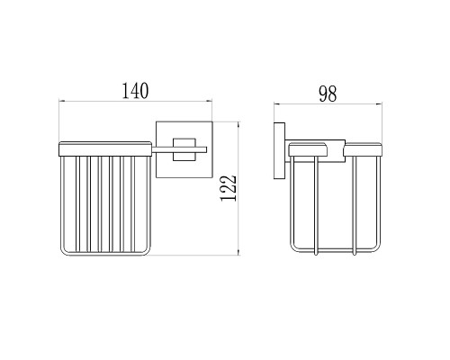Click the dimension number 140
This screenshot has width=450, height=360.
135,91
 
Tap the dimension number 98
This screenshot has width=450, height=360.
328,94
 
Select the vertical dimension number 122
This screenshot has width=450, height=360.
229,188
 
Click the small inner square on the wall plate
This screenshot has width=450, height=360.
184,149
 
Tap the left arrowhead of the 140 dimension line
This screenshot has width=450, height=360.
61,101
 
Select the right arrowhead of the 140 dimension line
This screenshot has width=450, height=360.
210,101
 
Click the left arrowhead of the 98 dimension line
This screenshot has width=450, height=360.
276,104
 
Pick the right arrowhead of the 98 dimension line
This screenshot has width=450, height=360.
379,104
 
